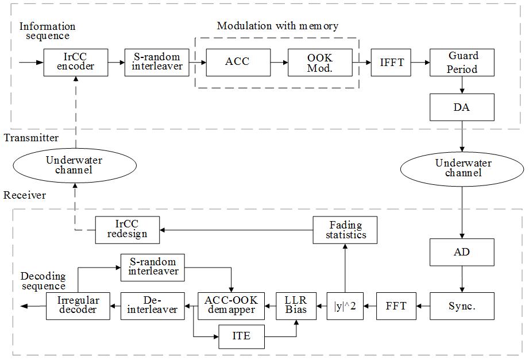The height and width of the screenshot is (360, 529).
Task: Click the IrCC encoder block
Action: pos(76,61)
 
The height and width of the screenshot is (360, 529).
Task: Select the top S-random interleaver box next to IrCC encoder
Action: pos(153,61)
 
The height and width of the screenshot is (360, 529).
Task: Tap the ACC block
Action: pos(238,61)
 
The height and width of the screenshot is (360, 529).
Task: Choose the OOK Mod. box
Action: pos(319,61)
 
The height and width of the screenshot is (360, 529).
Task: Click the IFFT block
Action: pos(392,61)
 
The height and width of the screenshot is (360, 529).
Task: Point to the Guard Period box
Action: pos(462,62)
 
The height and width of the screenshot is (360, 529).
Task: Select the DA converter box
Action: pos(462,107)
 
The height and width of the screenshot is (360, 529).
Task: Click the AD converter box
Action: pos(462,251)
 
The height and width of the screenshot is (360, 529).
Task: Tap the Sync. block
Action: pos(462,305)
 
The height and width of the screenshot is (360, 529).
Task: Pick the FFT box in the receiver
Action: pos(396,305)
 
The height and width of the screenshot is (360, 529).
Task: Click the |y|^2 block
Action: pos(345,305)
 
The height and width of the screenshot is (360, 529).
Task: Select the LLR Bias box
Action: pos(296,305)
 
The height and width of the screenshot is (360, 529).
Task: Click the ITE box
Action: pos(242,336)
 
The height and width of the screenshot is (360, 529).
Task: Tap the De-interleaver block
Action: pos(153,305)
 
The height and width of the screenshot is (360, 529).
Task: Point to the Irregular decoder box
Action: pos(79,305)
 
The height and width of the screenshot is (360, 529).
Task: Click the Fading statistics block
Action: pos(346,230)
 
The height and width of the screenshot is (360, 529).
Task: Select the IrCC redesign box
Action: pos(128,230)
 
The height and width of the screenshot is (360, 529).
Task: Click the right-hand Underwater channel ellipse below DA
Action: pos(463,168)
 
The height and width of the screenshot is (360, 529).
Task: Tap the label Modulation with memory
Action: pos(277,26)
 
